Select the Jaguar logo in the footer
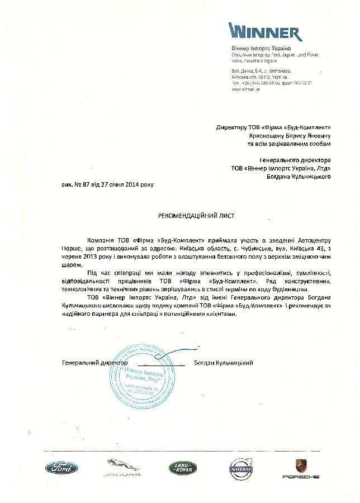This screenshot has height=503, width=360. click(120, 468)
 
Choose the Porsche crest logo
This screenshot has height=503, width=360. click(300, 468)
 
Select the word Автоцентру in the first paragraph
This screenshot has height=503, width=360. click(314, 239)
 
